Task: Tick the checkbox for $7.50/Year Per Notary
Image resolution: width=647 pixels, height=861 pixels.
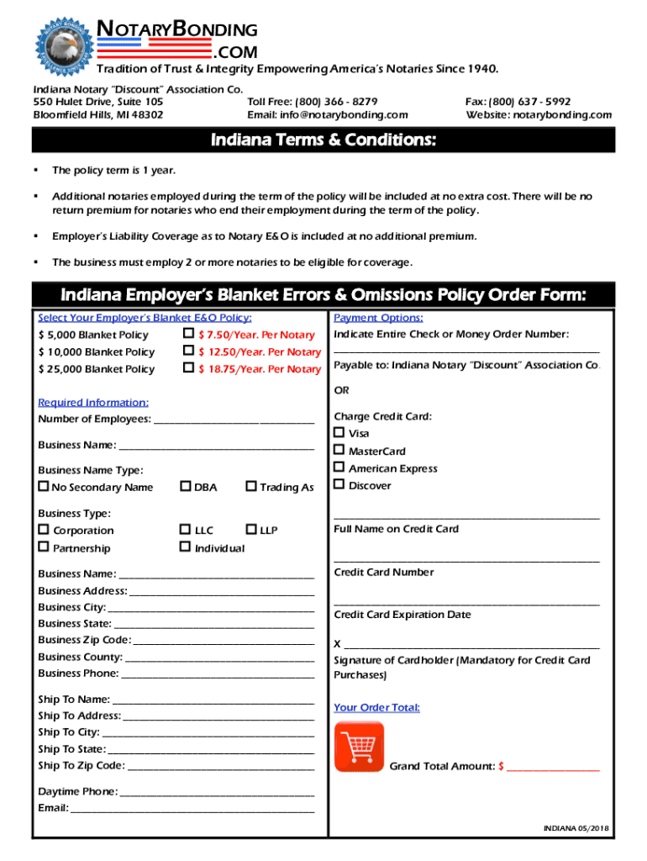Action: coord(188,335)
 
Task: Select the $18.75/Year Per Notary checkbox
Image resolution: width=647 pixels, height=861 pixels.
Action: coord(188,368)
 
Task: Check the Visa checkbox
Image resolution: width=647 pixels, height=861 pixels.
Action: coord(339,432)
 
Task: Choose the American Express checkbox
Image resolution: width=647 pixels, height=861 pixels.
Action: coord(339,467)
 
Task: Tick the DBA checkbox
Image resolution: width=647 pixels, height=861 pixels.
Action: coord(185,487)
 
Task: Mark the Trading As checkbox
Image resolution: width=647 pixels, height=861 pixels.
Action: coord(250,487)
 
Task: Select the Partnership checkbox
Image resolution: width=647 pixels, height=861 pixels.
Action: coord(44,547)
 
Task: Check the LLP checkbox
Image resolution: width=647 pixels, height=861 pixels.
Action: coord(250,530)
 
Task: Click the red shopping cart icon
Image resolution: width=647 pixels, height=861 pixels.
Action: coord(359,746)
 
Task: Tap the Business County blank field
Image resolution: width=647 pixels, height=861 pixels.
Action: coord(219,658)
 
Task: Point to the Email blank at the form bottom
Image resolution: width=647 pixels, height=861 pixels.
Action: coord(192,809)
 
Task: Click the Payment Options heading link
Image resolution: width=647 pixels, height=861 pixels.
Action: coord(378,318)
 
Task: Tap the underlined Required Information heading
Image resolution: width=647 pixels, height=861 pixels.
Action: coord(93,403)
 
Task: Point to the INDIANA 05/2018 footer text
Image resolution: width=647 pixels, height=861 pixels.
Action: coord(576,828)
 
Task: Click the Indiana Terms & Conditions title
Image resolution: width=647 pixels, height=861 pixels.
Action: coord(323,140)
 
